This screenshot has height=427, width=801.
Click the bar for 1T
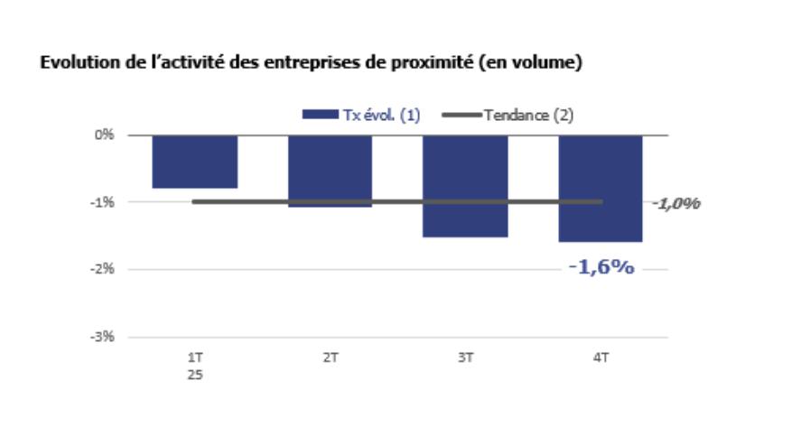(x=194, y=162)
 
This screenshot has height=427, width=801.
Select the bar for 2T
(x=330, y=172)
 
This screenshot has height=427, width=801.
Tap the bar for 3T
(x=465, y=186)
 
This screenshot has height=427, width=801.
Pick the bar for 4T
(x=601, y=189)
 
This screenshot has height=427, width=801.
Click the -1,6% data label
(x=601, y=267)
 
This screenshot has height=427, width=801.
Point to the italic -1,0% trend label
(x=676, y=203)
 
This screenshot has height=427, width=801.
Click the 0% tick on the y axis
(x=107, y=135)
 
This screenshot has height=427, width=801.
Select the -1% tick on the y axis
(x=105, y=202)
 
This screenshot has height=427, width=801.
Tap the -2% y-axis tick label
(x=105, y=269)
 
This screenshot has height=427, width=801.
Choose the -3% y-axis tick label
(x=105, y=337)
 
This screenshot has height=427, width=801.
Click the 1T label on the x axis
(x=194, y=357)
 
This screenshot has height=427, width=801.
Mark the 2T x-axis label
(x=330, y=357)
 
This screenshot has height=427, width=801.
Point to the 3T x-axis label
(x=465, y=357)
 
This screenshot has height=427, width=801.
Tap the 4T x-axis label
(x=601, y=357)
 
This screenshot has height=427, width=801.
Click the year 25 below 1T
(x=194, y=374)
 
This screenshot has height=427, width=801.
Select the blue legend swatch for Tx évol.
(x=319, y=115)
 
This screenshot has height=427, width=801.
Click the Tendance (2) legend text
(x=528, y=115)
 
